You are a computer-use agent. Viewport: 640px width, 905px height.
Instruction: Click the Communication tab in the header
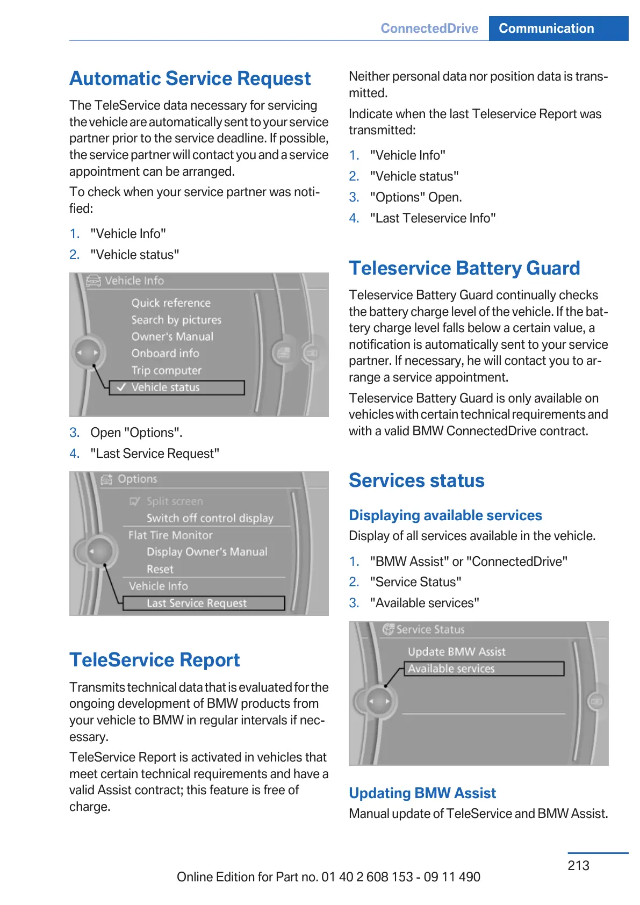tap(546, 28)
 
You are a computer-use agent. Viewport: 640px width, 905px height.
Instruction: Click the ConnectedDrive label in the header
tap(429, 28)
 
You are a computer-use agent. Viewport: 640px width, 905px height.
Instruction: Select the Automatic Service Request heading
tap(190, 78)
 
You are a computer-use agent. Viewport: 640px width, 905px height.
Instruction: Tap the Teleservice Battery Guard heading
tap(464, 268)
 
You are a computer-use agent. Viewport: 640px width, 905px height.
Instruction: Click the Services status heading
tap(416, 480)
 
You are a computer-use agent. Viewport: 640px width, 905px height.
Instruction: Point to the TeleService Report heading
tap(155, 659)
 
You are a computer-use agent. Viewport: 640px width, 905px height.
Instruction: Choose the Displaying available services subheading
tap(445, 515)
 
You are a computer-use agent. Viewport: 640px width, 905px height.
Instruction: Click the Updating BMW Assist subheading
tap(422, 793)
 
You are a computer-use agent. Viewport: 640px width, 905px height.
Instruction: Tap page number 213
tap(578, 865)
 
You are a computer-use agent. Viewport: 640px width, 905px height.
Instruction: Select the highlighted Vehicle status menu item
tap(166, 387)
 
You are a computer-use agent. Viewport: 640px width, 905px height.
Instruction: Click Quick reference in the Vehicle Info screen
tap(171, 303)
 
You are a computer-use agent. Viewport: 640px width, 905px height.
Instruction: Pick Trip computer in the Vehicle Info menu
tap(167, 370)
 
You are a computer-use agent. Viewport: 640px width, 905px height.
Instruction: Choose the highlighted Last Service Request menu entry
tap(197, 603)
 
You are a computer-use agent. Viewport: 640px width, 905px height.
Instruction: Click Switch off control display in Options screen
tap(210, 518)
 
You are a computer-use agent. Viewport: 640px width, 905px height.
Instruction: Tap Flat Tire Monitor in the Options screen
tap(170, 535)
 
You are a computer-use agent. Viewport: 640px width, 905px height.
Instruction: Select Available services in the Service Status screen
tap(451, 669)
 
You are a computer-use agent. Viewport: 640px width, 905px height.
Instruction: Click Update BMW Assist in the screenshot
tap(457, 652)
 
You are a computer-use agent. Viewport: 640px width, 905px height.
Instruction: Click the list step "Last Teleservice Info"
tap(433, 218)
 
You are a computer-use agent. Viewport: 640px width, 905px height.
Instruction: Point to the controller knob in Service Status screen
tap(379, 701)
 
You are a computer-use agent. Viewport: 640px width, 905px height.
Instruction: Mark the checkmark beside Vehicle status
tap(121, 387)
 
